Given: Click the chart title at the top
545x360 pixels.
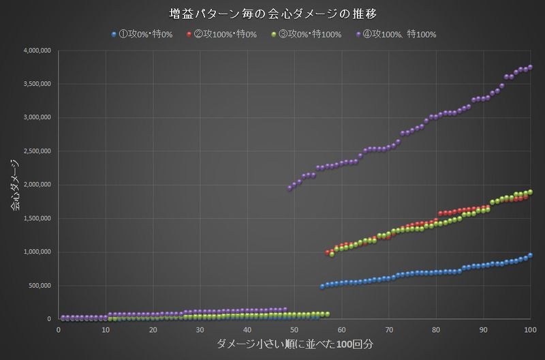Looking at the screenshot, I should tap(272, 12).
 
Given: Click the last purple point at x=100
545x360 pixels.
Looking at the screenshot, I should tap(530, 67).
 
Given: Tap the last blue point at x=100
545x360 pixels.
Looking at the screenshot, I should tap(530, 255).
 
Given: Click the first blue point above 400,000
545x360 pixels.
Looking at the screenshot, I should tap(322, 286).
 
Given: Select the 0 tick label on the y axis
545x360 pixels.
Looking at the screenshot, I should tap(50, 319).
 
